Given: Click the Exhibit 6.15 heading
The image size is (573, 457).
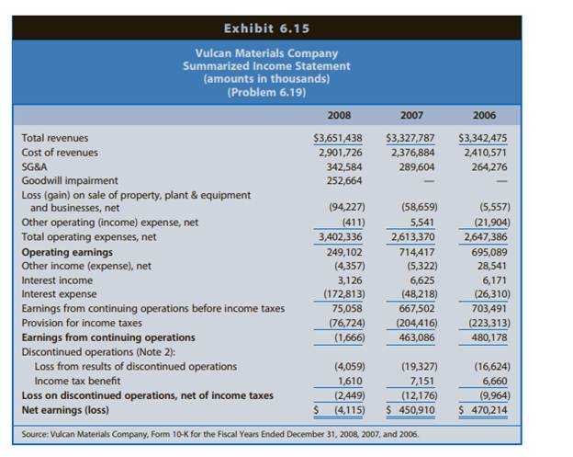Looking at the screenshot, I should pyautogui.click(x=266, y=28).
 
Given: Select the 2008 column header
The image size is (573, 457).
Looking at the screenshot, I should pyautogui.click(x=339, y=115).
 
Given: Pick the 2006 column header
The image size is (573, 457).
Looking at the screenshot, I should pyautogui.click(x=483, y=115).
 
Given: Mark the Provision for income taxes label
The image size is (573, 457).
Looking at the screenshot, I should pyautogui.click(x=82, y=322).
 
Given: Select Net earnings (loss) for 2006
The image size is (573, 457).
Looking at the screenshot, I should pyautogui.click(x=483, y=410).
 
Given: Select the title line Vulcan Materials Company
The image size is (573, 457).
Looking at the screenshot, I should pyautogui.click(x=266, y=53).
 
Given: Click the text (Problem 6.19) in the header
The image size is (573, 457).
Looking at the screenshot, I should pyautogui.click(x=266, y=91).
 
